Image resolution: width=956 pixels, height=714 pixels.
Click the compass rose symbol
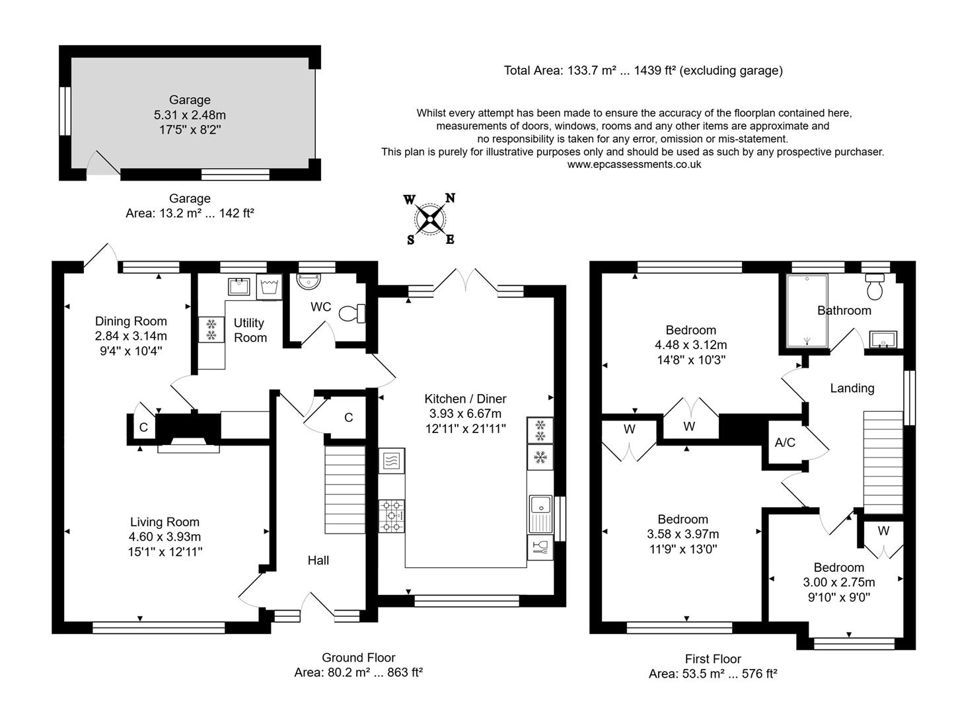[x=430, y=218]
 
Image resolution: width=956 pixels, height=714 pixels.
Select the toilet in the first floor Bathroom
[x=876, y=287]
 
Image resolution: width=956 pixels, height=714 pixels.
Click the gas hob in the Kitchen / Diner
[x=391, y=516]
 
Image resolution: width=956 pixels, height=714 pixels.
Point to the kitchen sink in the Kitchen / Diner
[x=540, y=512]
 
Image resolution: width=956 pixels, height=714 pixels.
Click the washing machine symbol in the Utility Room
[x=269, y=287]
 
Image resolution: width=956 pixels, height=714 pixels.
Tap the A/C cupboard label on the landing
[x=785, y=442]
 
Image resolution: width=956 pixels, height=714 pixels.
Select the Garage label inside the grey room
[x=190, y=100]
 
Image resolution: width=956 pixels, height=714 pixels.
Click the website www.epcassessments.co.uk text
[x=634, y=165]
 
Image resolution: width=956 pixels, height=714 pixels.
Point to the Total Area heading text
[x=643, y=70]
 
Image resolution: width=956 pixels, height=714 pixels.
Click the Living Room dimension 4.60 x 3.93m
[x=165, y=537]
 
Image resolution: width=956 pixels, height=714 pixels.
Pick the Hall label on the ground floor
[x=318, y=560]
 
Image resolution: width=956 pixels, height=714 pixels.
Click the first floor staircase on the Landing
[x=883, y=461]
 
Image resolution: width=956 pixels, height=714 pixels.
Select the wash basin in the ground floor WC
[x=307, y=281]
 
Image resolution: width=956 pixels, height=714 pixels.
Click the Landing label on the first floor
[x=852, y=388]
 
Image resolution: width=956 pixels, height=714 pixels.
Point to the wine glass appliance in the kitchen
[x=540, y=547]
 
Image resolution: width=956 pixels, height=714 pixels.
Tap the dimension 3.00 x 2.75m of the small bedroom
[x=838, y=582]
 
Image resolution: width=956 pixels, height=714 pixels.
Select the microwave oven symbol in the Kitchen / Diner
[x=391, y=461]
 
